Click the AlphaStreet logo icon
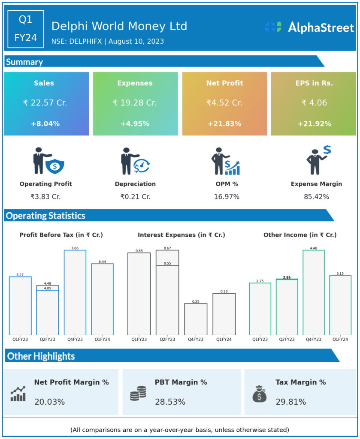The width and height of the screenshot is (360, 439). (x=273, y=27)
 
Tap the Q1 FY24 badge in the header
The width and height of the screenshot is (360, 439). (x=26, y=29)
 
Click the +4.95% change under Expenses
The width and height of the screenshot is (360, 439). (x=135, y=124)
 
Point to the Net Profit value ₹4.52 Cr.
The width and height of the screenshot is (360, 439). (x=224, y=103)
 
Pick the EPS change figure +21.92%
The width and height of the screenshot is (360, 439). (x=314, y=124)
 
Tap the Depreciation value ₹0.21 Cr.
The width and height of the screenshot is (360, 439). (x=135, y=197)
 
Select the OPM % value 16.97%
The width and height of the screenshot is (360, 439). (x=227, y=197)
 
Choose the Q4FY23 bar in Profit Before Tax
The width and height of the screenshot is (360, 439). (x=75, y=292)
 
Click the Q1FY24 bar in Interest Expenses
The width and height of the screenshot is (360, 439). (x=224, y=314)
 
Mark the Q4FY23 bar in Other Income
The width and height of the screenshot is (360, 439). (x=314, y=292)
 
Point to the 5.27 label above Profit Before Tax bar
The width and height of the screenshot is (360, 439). (x=20, y=274)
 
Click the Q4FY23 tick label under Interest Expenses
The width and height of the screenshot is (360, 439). (x=196, y=340)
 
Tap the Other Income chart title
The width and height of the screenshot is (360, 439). (x=300, y=235)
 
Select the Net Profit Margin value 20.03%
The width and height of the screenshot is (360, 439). (x=49, y=402)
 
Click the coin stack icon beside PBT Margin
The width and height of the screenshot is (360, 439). (x=138, y=393)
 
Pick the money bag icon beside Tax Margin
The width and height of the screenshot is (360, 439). (x=260, y=394)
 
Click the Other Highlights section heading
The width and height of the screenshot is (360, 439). (x=41, y=356)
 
